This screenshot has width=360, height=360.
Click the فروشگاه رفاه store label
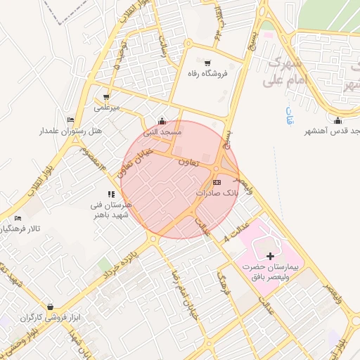[x=208, y=73]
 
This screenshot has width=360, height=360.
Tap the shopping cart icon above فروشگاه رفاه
[x=207, y=63]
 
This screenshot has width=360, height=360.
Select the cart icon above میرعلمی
[x=105, y=97]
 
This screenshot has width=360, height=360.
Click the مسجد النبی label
[x=163, y=131]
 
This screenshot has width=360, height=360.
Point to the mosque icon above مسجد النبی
[x=162, y=121]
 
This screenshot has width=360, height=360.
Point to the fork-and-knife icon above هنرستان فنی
[x=111, y=194]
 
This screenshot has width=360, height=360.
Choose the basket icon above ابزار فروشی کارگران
[x=50, y=307]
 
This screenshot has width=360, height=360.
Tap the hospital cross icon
[x=271, y=257]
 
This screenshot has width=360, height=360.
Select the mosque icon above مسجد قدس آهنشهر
[x=338, y=120]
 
